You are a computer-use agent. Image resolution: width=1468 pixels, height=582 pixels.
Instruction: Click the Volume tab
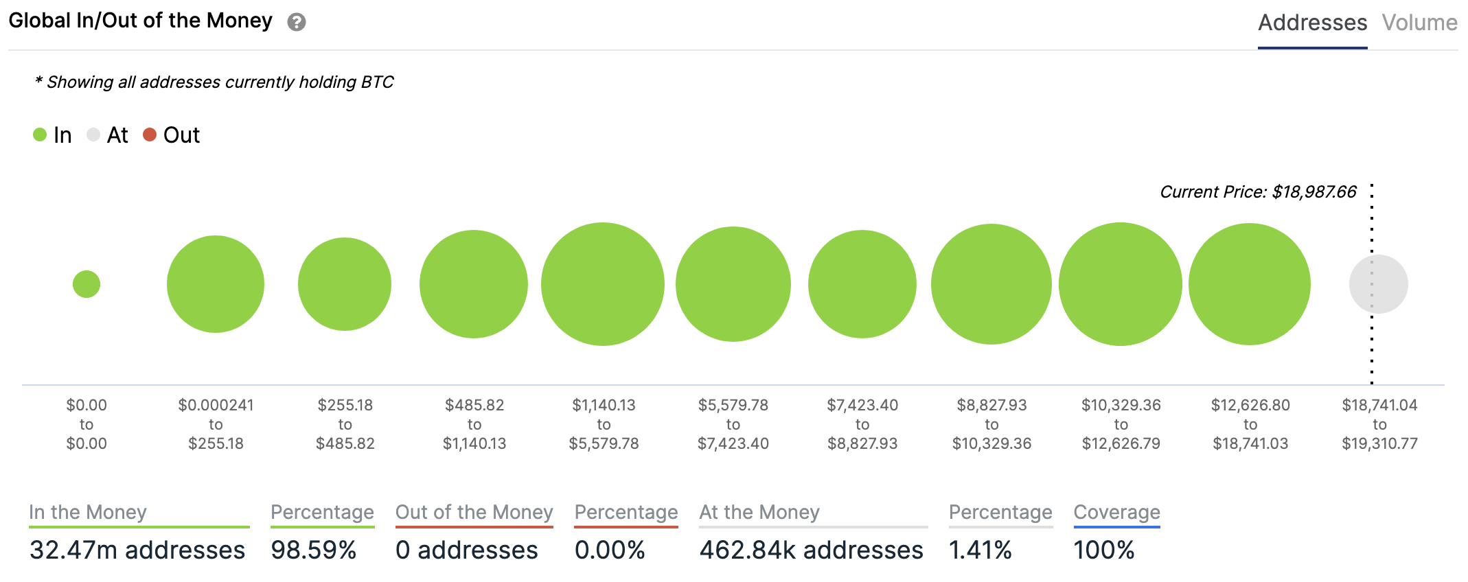[1419, 23]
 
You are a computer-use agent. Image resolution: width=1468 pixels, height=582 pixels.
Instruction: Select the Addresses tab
[1312, 23]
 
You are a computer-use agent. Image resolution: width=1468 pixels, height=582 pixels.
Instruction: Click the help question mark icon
[297, 22]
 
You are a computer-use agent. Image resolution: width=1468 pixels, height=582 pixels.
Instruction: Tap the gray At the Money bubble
[1378, 284]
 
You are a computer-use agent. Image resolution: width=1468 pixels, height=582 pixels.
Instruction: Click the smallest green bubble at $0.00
[87, 284]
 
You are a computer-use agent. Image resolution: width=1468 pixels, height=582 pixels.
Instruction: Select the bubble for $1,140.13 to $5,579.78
[603, 284]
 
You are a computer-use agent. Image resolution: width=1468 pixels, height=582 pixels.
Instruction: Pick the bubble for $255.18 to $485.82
[345, 284]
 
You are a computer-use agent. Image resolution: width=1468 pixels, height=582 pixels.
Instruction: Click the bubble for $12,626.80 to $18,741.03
[1250, 284]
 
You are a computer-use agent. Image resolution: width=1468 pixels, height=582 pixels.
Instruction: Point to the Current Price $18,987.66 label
[1258, 192]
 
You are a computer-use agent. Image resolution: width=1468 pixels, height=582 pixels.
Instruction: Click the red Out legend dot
[150, 135]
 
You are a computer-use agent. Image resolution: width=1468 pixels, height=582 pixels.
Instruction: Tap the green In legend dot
[40, 135]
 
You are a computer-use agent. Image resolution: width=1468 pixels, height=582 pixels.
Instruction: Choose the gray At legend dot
[93, 135]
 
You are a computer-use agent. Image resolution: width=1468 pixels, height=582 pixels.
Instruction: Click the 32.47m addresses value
[137, 550]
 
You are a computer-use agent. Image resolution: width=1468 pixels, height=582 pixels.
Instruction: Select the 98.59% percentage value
[314, 550]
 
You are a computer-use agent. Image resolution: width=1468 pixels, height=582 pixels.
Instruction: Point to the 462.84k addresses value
[811, 550]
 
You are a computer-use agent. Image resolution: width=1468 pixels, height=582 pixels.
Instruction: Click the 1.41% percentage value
[980, 550]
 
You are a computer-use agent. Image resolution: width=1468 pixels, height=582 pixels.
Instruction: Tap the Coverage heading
[1116, 512]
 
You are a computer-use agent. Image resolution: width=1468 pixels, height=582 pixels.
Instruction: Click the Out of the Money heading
[474, 512]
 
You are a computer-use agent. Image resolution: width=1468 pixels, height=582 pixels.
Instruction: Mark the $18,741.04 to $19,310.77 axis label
[1379, 424]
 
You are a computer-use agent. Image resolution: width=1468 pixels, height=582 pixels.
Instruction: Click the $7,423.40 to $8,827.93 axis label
[862, 424]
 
